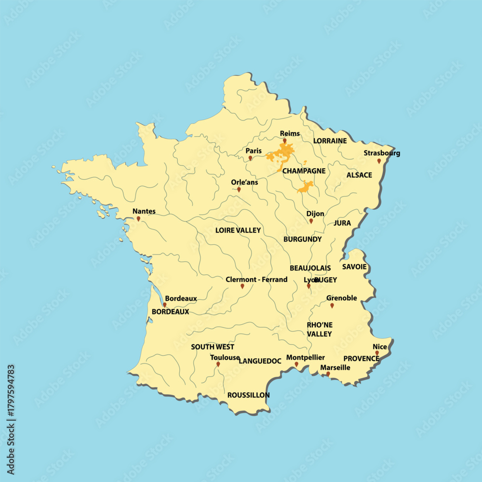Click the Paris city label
(x=254, y=151)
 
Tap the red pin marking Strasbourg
(x=379, y=161)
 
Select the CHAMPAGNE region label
(x=304, y=171)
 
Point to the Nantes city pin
(x=138, y=219)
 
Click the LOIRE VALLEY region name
(x=238, y=230)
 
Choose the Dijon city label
(x=315, y=214)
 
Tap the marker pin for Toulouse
(x=218, y=364)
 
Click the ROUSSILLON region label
(x=248, y=395)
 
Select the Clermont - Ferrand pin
(x=242, y=286)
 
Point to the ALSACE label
(x=359, y=175)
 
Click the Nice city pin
(x=377, y=353)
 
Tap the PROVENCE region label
(x=361, y=359)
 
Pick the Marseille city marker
(x=328, y=374)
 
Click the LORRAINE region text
(x=330, y=141)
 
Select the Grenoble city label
(x=341, y=298)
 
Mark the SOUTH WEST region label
(x=213, y=347)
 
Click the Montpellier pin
(x=296, y=364)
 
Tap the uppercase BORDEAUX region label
(x=170, y=312)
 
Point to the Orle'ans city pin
(x=239, y=190)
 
